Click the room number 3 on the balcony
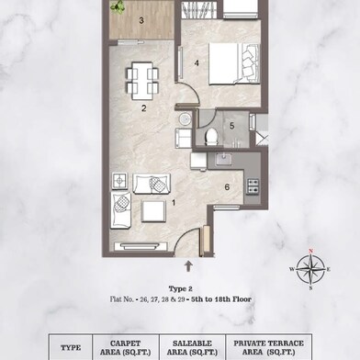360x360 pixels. [x=141, y=21]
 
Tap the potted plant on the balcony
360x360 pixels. [x=118, y=6]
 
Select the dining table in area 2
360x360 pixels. [x=142, y=81]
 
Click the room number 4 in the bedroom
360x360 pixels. [x=197, y=63]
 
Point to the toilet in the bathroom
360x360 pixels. [x=210, y=137]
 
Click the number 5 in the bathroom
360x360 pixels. [x=231, y=126]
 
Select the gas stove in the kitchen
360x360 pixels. [x=253, y=186]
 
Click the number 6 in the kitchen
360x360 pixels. [x=227, y=186]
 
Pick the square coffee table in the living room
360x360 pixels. [x=153, y=211]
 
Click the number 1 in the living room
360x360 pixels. [x=174, y=203]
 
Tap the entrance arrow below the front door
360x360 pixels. [x=188, y=265]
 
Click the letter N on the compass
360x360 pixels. [x=310, y=251]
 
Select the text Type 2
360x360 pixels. [x=180, y=288]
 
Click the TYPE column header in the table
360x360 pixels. [x=71, y=348]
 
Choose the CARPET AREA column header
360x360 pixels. [x=126, y=348]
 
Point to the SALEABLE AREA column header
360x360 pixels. [x=192, y=348]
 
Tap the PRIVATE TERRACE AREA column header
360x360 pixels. [x=269, y=348]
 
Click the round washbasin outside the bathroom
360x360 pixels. [x=185, y=118]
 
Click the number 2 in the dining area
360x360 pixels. [x=143, y=108]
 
